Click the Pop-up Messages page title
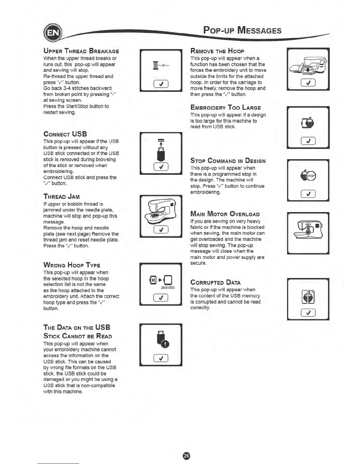pyautogui.click(x=242, y=30)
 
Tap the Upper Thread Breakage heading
pyautogui.click(x=81, y=51)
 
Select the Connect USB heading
pyautogui.click(x=65, y=134)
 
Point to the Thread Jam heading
pyautogui.click(x=61, y=197)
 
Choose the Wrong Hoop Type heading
pyautogui.click(x=72, y=265)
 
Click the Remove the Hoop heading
pyautogui.click(x=217, y=51)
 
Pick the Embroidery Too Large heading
pyautogui.click(x=226, y=108)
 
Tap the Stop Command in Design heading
pyautogui.click(x=228, y=161)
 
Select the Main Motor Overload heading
pyautogui.click(x=225, y=214)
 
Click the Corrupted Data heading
pyautogui.click(x=216, y=282)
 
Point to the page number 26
pyautogui.click(x=186, y=456)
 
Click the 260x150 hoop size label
pyautogui.click(x=168, y=287)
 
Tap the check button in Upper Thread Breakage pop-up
pyautogui.click(x=161, y=84)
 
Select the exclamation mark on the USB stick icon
pyautogui.click(x=166, y=344)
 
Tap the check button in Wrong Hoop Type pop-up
pyautogui.click(x=161, y=298)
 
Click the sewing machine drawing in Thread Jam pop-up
pyautogui.click(x=161, y=211)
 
